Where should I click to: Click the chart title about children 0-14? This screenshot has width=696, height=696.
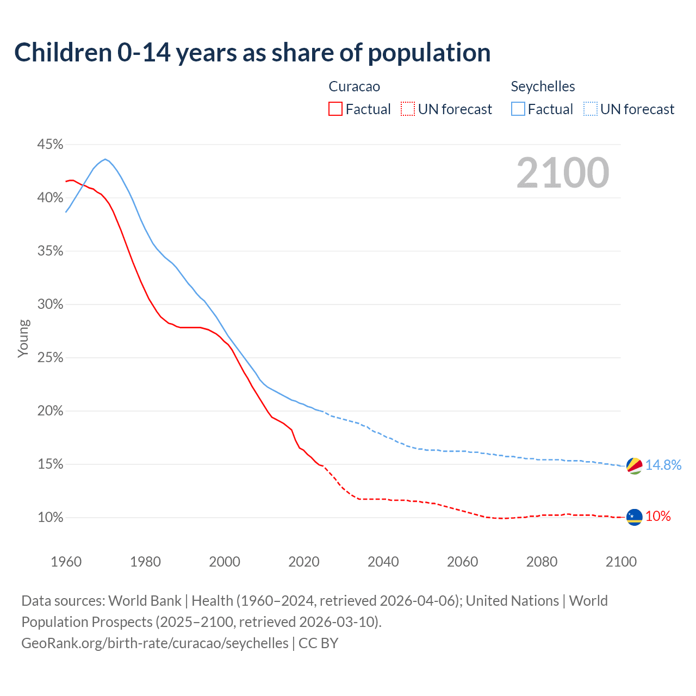click(x=252, y=53)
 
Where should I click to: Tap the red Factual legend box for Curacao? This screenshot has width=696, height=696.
click(x=335, y=109)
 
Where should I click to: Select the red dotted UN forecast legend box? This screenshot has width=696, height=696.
click(x=408, y=109)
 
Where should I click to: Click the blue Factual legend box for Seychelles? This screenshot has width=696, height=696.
click(x=518, y=109)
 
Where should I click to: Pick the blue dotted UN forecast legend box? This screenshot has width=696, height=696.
click(x=590, y=109)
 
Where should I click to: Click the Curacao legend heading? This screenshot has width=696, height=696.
click(x=354, y=86)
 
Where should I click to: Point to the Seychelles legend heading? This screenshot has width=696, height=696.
click(x=542, y=86)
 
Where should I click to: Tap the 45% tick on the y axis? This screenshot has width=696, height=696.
click(x=50, y=145)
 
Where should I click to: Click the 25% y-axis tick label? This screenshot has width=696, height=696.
click(x=50, y=358)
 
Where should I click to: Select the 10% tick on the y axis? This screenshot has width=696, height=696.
click(x=50, y=518)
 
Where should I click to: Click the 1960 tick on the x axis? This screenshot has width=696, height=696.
click(x=66, y=562)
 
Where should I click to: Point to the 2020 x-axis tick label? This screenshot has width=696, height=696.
click(x=303, y=562)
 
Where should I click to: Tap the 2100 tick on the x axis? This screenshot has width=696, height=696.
click(x=620, y=562)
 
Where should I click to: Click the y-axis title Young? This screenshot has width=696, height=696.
click(x=23, y=338)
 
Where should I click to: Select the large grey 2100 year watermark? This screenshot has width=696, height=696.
click(x=562, y=173)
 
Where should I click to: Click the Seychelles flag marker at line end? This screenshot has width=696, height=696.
click(x=634, y=466)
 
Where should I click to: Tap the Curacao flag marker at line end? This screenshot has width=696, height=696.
click(x=634, y=517)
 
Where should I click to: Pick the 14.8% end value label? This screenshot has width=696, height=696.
click(x=663, y=465)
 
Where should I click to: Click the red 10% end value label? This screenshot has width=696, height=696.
click(x=658, y=517)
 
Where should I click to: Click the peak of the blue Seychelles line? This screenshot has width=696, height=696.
click(x=105, y=159)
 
